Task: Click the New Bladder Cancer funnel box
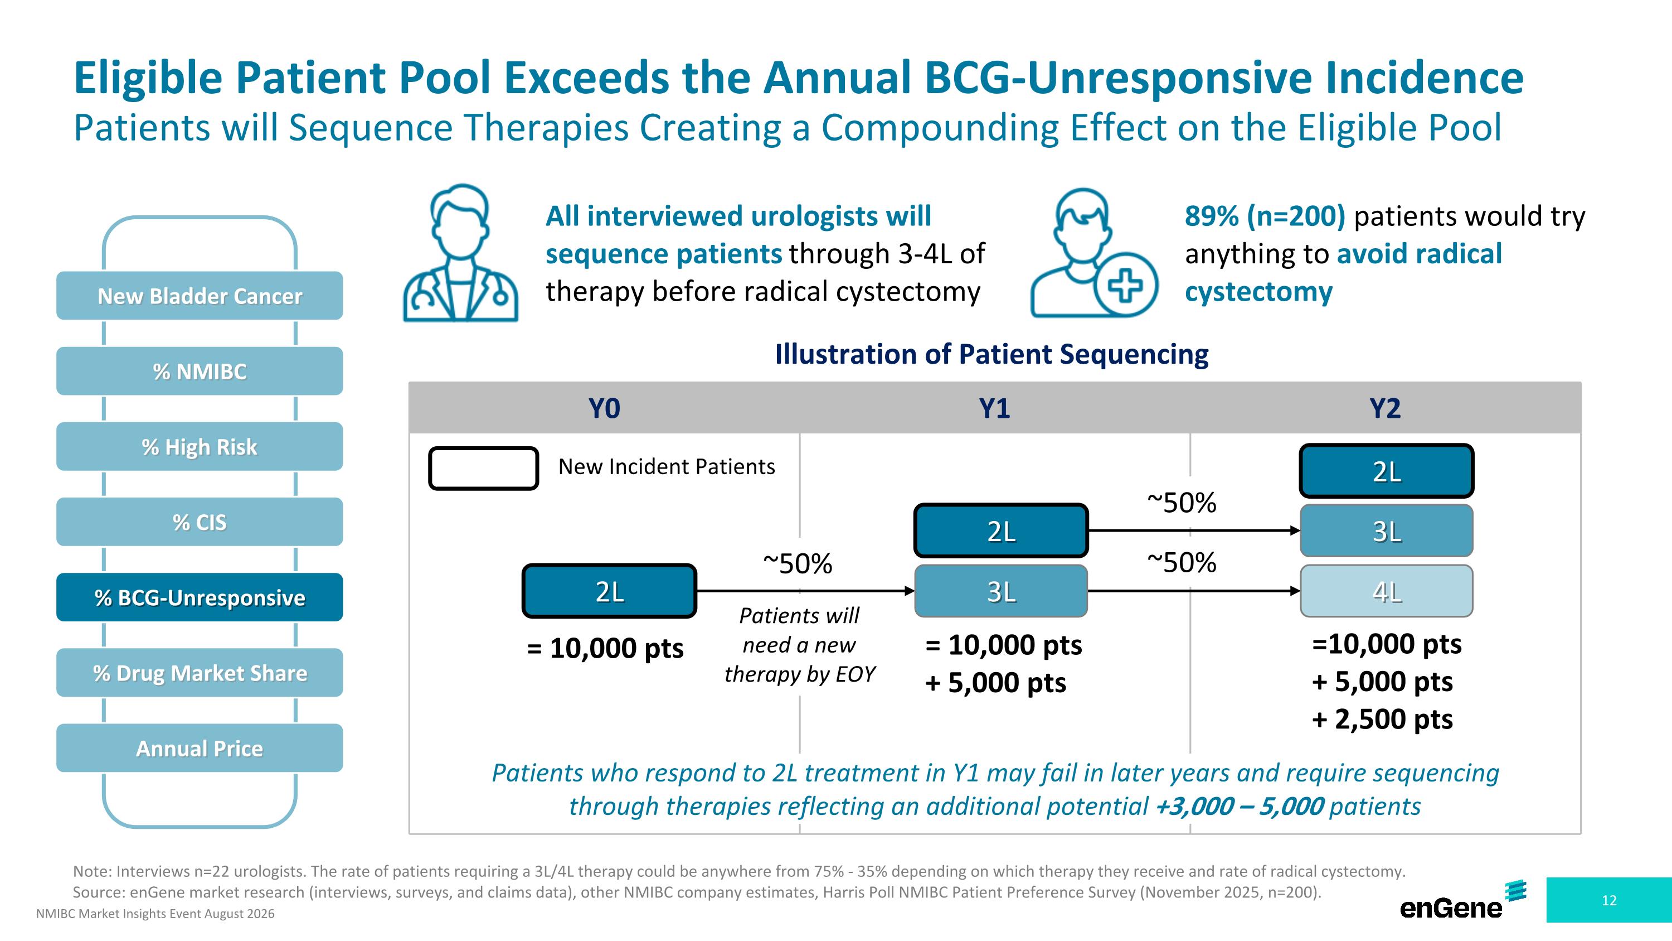tap(200, 296)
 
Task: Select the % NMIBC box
tap(200, 371)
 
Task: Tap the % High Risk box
tap(200, 446)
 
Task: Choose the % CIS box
tap(200, 522)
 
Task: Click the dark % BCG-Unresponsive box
tap(200, 597)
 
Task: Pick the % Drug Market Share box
tap(200, 672)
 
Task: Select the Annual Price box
tap(200, 747)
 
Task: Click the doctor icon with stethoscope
tap(461, 253)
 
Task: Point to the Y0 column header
tap(604, 408)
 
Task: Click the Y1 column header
tap(994, 408)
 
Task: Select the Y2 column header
tap(1385, 408)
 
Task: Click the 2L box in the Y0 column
tap(610, 591)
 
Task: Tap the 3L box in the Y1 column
tap(1001, 591)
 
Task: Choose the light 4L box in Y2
tap(1387, 591)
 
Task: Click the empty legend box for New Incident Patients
tap(484, 468)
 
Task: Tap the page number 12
tap(1609, 900)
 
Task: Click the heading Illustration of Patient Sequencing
tap(992, 354)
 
